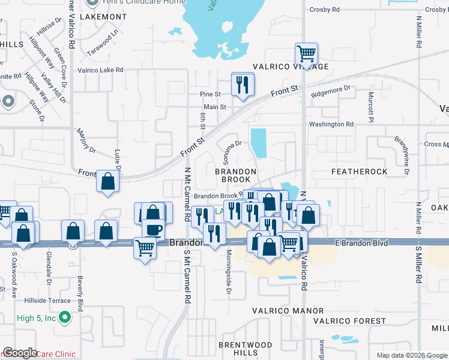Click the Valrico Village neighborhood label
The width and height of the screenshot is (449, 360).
(291, 67)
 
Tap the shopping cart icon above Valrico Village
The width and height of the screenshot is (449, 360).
(306, 54)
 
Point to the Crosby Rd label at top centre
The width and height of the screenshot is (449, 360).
(325, 10)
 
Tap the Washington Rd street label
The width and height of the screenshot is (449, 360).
(331, 124)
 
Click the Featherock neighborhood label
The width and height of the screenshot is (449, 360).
(360, 172)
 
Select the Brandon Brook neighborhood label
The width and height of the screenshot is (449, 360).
(236, 175)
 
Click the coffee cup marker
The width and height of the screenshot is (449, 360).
(152, 231)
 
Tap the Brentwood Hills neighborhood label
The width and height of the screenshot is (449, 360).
(246, 349)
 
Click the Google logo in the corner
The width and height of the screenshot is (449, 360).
(20, 353)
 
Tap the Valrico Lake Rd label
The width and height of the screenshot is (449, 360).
(100, 70)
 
